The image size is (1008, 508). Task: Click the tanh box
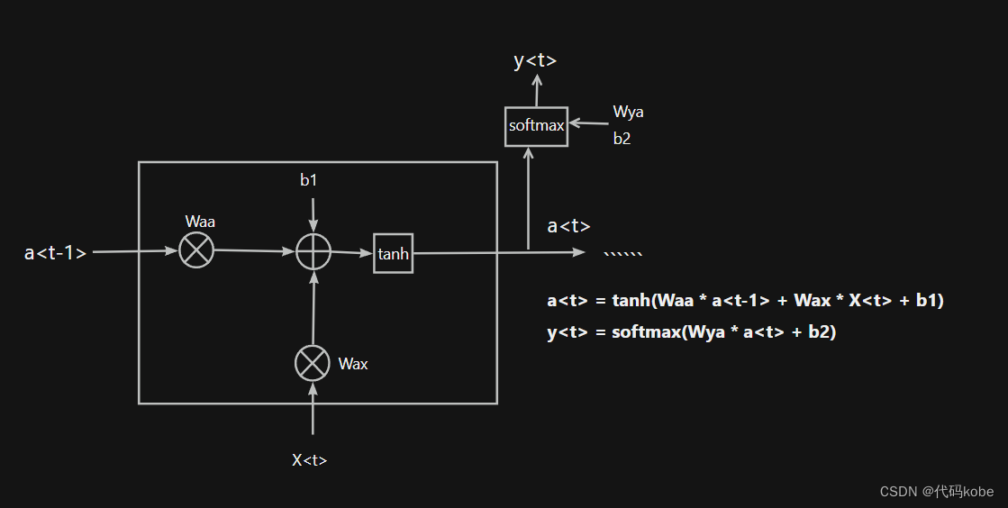pyautogui.click(x=393, y=254)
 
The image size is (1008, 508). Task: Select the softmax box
pyautogui.click(x=536, y=126)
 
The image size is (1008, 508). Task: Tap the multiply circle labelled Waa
pyautogui.click(x=196, y=250)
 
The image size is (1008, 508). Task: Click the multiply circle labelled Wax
pyautogui.click(x=313, y=363)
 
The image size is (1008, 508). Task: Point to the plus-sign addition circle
pyautogui.click(x=313, y=252)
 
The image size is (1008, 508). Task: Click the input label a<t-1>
pyautogui.click(x=56, y=253)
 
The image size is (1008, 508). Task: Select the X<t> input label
pyautogui.click(x=309, y=460)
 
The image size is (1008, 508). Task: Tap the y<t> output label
pyautogui.click(x=535, y=61)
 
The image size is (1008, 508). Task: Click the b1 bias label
pyautogui.click(x=309, y=180)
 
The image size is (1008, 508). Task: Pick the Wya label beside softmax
pyautogui.click(x=628, y=113)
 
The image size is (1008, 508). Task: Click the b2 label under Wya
pyautogui.click(x=622, y=140)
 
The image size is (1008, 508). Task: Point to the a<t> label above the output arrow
pyautogui.click(x=568, y=226)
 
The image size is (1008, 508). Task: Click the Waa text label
pyautogui.click(x=200, y=222)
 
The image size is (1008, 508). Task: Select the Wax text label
pyautogui.click(x=353, y=364)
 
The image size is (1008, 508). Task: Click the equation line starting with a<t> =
pyautogui.click(x=745, y=301)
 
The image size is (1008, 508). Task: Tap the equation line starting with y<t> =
pyautogui.click(x=692, y=332)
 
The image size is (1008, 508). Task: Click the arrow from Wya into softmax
pyautogui.click(x=589, y=124)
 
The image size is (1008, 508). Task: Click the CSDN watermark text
pyautogui.click(x=936, y=491)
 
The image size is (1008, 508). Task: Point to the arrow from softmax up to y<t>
pyautogui.click(x=537, y=90)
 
